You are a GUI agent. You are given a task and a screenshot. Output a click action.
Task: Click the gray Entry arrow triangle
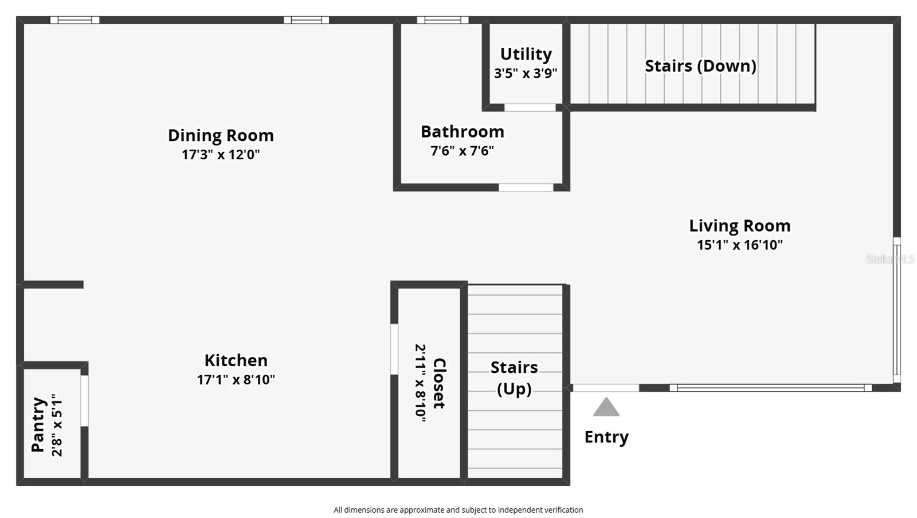click(x=606, y=407)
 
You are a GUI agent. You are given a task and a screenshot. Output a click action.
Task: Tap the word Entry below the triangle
click(x=606, y=437)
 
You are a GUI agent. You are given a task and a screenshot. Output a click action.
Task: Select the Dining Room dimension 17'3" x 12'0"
click(x=221, y=155)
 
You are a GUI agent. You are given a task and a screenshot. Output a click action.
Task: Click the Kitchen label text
click(x=236, y=360)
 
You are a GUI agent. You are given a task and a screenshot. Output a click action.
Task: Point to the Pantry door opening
click(x=84, y=401)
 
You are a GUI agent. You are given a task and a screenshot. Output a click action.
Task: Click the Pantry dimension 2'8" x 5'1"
click(x=57, y=425)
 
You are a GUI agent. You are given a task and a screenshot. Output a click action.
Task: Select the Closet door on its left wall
click(x=394, y=349)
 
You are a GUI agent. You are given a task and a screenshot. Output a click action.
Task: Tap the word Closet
click(x=439, y=383)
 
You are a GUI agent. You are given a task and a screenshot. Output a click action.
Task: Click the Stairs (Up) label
click(x=514, y=378)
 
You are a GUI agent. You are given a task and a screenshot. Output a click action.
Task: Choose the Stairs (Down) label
click(x=700, y=66)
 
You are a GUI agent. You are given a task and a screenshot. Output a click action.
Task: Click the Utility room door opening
click(x=530, y=108)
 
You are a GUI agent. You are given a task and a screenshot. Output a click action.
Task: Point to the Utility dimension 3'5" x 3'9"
click(x=526, y=73)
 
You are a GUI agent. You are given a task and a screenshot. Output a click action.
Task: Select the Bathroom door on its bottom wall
click(x=526, y=187)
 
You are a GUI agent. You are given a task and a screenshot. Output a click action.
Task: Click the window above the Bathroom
click(x=442, y=20)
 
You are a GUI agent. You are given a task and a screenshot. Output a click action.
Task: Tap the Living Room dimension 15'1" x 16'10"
click(x=739, y=245)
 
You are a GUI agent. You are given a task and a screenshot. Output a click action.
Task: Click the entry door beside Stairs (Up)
click(x=606, y=388)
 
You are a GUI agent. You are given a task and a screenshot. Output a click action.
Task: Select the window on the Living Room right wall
click(x=896, y=310)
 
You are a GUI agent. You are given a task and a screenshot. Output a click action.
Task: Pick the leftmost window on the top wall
click(x=75, y=20)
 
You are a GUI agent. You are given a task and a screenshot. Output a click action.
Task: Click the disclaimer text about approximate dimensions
click(x=458, y=510)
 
